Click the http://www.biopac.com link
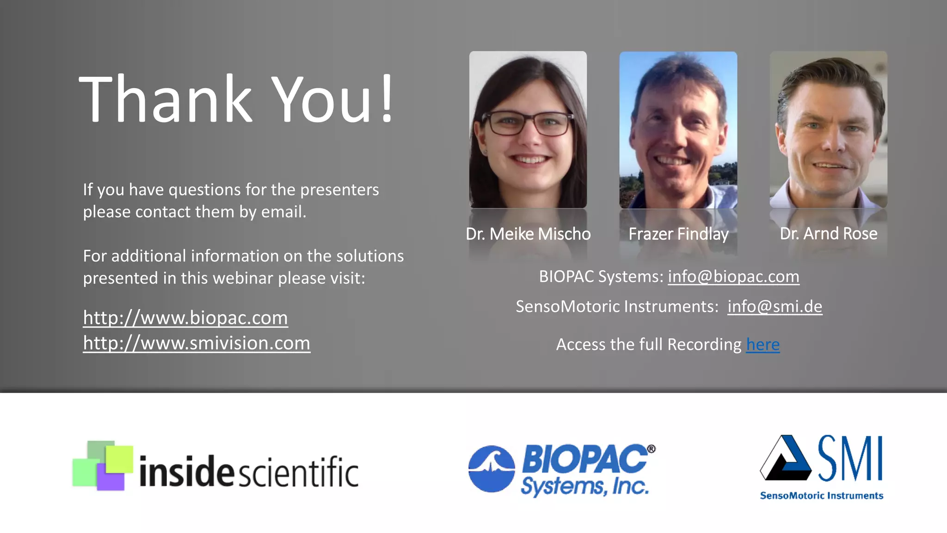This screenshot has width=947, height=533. pyautogui.click(x=185, y=318)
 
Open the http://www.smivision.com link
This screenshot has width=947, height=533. pyautogui.click(x=197, y=343)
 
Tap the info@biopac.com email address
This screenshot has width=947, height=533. pyautogui.click(x=733, y=277)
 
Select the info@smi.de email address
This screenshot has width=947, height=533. pyautogui.click(x=775, y=307)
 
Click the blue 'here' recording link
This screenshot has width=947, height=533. pyautogui.click(x=763, y=345)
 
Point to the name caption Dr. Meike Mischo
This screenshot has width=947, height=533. pyautogui.click(x=528, y=234)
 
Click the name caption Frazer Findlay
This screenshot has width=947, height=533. pyautogui.click(x=678, y=234)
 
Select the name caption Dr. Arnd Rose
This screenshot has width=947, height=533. pyautogui.click(x=828, y=234)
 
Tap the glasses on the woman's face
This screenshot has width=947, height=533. pyautogui.click(x=528, y=124)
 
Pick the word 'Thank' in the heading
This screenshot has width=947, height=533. pyautogui.click(x=166, y=99)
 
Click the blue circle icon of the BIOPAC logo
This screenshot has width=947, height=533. pyautogui.click(x=491, y=469)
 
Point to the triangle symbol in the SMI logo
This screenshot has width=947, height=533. pyautogui.click(x=785, y=459)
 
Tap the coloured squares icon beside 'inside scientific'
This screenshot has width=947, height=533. pyautogui.click(x=103, y=465)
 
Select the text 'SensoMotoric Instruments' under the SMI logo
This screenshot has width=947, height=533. pyautogui.click(x=821, y=496)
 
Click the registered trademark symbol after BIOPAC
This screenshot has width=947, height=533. pyautogui.click(x=651, y=449)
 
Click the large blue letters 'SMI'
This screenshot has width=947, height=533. pyautogui.click(x=850, y=459)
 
